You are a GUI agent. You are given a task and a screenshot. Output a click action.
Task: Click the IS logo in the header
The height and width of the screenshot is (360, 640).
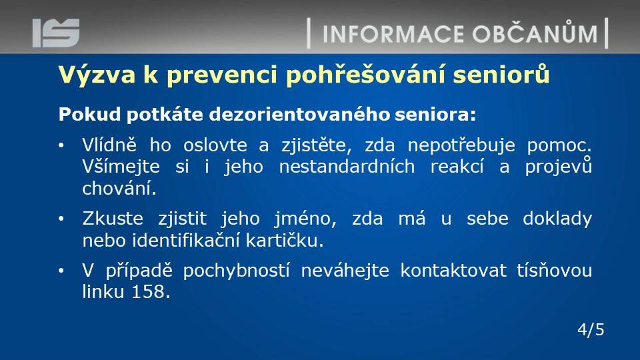[x=56, y=33]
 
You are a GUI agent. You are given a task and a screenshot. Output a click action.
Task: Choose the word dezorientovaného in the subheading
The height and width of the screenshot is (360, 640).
[x=299, y=114]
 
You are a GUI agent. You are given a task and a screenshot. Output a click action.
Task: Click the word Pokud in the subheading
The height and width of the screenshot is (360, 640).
[x=89, y=114]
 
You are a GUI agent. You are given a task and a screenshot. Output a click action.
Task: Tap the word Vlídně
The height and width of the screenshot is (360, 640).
[x=109, y=145]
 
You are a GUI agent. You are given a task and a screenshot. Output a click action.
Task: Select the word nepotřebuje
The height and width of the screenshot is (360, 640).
[x=461, y=146]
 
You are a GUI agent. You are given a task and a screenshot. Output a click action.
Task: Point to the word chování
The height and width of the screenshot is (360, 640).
[x=119, y=188]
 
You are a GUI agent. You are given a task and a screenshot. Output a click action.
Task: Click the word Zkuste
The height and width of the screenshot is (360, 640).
[x=113, y=219]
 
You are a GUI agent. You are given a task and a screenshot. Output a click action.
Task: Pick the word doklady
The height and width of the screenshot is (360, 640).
[x=557, y=219]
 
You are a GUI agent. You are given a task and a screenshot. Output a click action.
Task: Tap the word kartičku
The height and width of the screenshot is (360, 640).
[x=285, y=240]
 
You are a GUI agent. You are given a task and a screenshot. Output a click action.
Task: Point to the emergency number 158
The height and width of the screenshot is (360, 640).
[x=151, y=292]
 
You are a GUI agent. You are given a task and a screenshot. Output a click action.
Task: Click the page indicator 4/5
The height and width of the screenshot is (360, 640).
[x=591, y=329]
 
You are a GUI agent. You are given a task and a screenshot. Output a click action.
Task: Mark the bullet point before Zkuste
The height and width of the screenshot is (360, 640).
[x=61, y=219]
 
